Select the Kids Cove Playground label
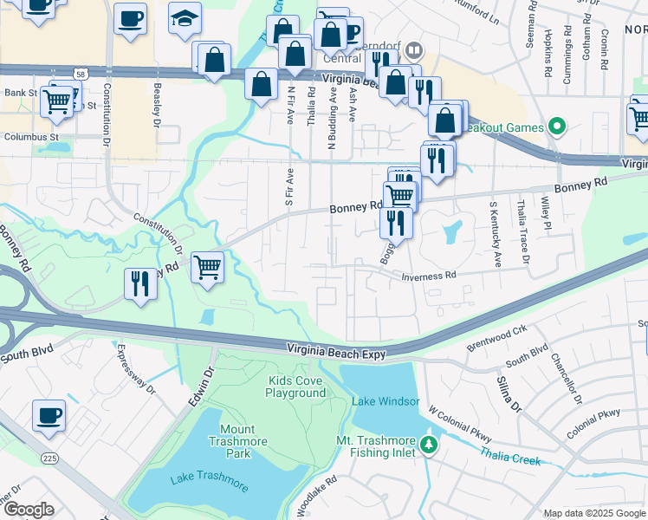click(295, 387)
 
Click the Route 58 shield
click(80, 76)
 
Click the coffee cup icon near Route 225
click(49, 415)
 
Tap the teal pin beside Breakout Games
click(558, 128)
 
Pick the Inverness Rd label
click(428, 276)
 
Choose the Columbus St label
click(30, 137)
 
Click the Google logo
click(28, 510)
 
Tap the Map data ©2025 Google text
click(593, 513)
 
